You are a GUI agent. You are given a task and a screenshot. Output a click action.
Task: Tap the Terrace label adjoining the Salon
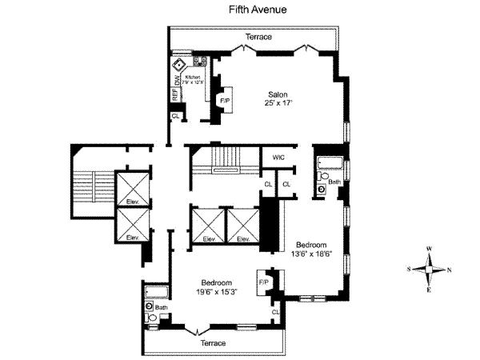[258, 38]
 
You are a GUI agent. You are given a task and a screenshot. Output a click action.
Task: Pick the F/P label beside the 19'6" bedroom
[263, 282]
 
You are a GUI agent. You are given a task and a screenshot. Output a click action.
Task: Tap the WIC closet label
[279, 158]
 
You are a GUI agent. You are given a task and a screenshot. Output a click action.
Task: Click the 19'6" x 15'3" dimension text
[216, 292]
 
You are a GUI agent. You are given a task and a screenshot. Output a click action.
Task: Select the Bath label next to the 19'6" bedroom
[162, 307]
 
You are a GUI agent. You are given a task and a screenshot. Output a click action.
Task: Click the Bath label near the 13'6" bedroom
[334, 182]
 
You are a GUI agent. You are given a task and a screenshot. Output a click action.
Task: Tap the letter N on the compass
[449, 269]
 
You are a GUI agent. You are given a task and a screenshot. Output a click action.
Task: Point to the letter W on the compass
[430, 249]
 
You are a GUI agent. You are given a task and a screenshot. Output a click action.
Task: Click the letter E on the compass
[430, 290]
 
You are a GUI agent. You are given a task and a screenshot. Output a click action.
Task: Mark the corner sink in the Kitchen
[180, 64]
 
